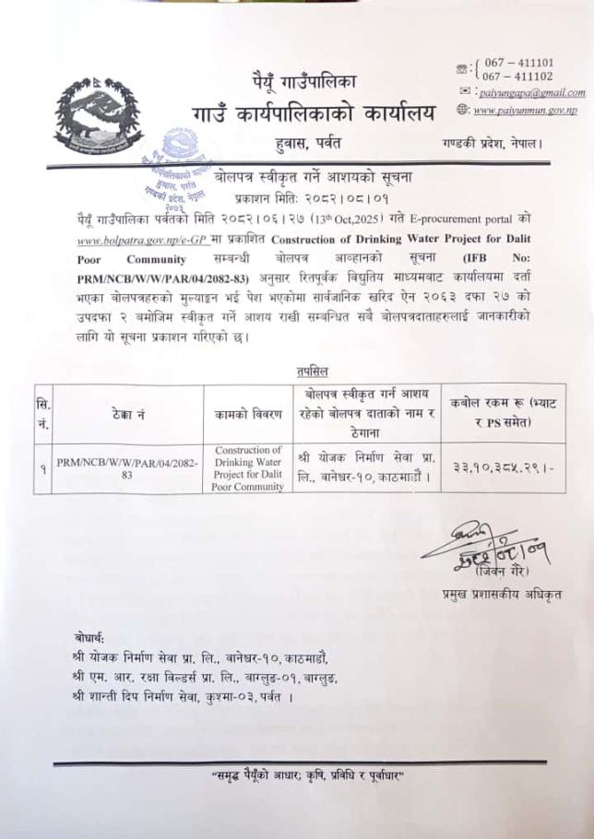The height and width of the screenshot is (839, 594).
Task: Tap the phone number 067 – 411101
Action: [517, 62]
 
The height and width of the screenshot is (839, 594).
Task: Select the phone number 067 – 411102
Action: [517, 77]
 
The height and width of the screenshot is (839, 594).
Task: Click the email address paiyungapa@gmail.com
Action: [532, 93]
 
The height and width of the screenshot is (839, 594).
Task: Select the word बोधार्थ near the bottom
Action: [90, 638]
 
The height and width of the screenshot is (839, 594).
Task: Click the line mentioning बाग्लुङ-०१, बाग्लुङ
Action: [204, 679]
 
